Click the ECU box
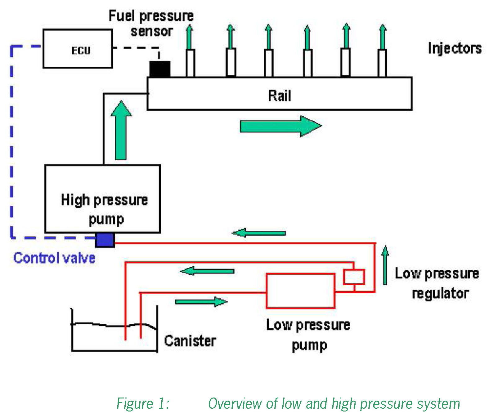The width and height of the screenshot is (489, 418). point(78,48)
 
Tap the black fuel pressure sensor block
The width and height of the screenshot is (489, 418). point(160,69)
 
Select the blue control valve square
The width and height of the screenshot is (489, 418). point(105,240)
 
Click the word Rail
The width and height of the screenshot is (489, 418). point(279,96)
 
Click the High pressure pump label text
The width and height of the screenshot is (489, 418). point(104,209)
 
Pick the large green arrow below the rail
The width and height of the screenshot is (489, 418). point(281,126)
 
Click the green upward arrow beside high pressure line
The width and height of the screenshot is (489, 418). point(121,130)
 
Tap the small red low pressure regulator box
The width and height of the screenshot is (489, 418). point(354,276)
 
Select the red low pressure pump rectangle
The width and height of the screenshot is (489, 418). point(300,291)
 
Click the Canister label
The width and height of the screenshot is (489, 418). point(190,341)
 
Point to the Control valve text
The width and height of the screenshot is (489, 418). point(54,258)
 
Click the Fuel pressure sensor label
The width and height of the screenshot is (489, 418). point(151,23)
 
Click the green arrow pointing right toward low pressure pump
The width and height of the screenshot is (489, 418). point(201,302)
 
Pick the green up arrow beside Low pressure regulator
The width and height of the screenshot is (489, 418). point(385,265)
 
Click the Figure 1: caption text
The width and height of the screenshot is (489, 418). point(143,404)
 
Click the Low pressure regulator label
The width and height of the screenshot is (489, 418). point(437,283)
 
